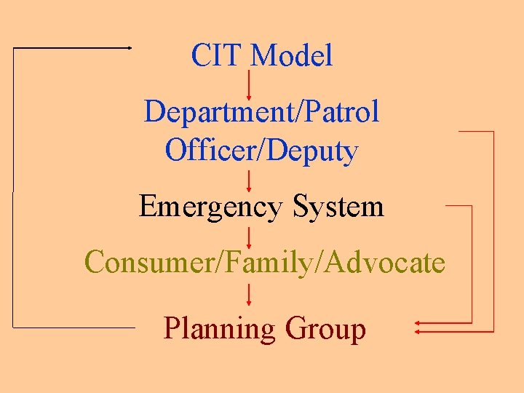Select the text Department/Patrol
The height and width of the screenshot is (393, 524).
pos(261,113)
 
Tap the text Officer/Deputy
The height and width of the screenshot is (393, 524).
pos(261,151)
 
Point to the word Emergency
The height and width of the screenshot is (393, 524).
pos(210,207)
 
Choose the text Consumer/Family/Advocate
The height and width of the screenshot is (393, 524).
pos(264,262)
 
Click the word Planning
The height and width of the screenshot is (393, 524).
pos(219,329)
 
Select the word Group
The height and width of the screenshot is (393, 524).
pos(325,329)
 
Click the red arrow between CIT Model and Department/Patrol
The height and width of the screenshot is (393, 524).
pos(250,84)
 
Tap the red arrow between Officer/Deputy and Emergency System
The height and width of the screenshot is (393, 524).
pos(250,179)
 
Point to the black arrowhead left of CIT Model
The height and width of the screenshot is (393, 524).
pos(129,47)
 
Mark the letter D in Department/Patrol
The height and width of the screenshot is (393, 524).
pos(154,113)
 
